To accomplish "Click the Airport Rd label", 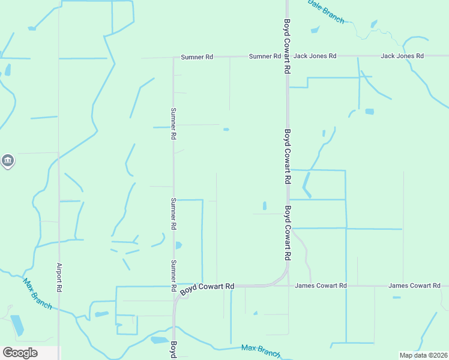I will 59,277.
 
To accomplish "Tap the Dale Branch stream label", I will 325,11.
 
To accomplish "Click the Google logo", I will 20,353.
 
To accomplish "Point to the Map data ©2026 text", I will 423,355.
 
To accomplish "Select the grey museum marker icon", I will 7,161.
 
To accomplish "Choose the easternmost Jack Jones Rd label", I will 402,56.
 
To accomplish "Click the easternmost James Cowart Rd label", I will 414,286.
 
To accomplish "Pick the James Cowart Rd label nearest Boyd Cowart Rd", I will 321,286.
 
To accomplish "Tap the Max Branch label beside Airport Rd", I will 37,293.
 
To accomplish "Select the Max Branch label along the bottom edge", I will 260,350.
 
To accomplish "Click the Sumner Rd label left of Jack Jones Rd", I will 265,56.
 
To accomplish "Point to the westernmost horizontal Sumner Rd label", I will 197,57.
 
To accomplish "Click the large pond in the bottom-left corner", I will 17,325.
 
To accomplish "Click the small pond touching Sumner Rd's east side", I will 178,245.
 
